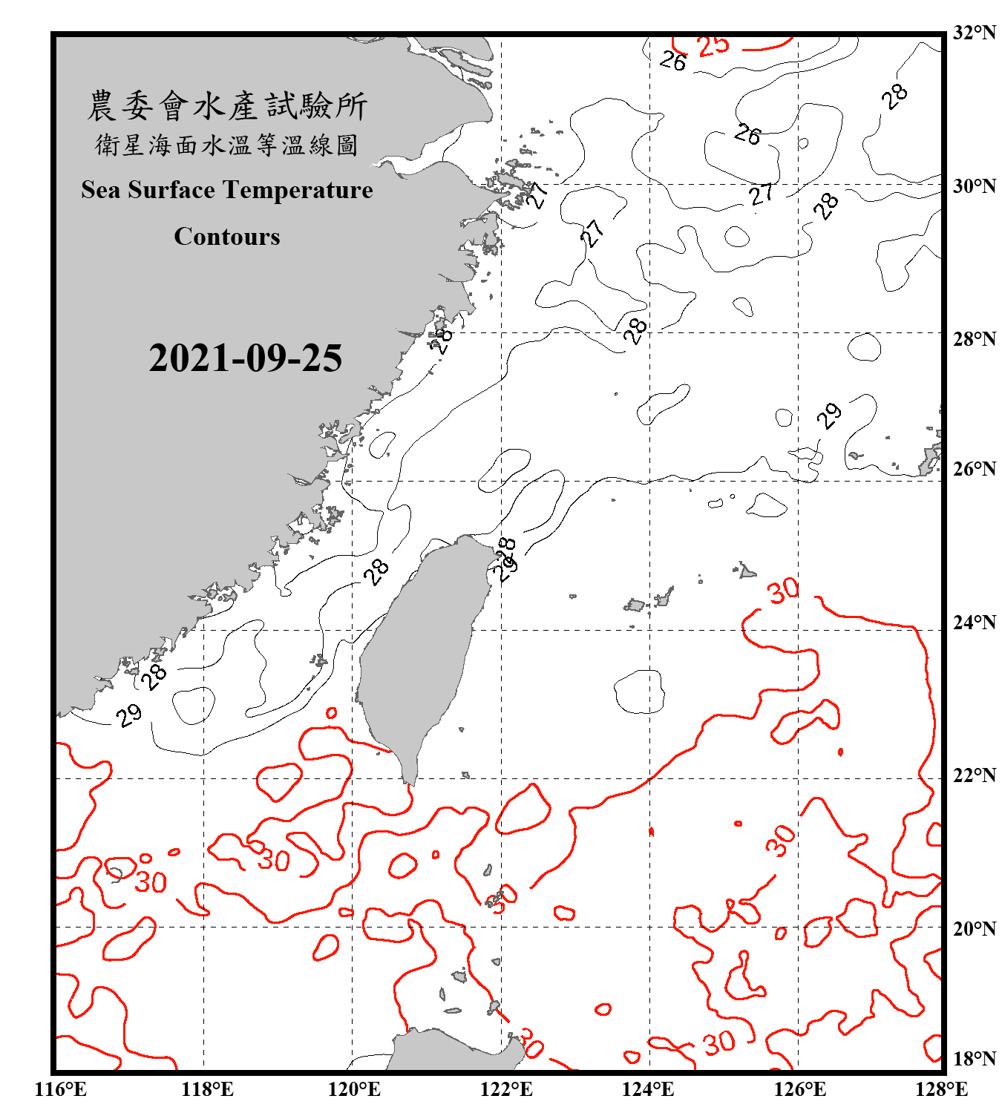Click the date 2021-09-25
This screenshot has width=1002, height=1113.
[245, 358]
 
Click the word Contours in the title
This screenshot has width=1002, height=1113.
[226, 237]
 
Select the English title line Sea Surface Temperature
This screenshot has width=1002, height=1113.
[226, 190]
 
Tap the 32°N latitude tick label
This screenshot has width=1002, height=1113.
[974, 33]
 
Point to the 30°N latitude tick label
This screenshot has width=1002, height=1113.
[974, 185]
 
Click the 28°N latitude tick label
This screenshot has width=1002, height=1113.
[974, 339]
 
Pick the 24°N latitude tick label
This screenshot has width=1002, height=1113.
[974, 623]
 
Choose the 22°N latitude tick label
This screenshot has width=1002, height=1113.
[974, 775]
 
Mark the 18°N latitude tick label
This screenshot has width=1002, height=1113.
[974, 1059]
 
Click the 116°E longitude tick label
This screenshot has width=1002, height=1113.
[60, 1089]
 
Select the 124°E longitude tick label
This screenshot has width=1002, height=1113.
[648, 1089]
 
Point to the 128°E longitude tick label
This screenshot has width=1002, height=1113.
[941, 1089]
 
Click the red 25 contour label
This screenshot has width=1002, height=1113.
[713, 45]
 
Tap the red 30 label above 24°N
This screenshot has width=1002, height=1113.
[782, 591]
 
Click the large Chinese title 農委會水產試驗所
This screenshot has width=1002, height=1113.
[226, 106]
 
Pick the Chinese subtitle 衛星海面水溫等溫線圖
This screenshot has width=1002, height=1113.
[226, 145]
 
